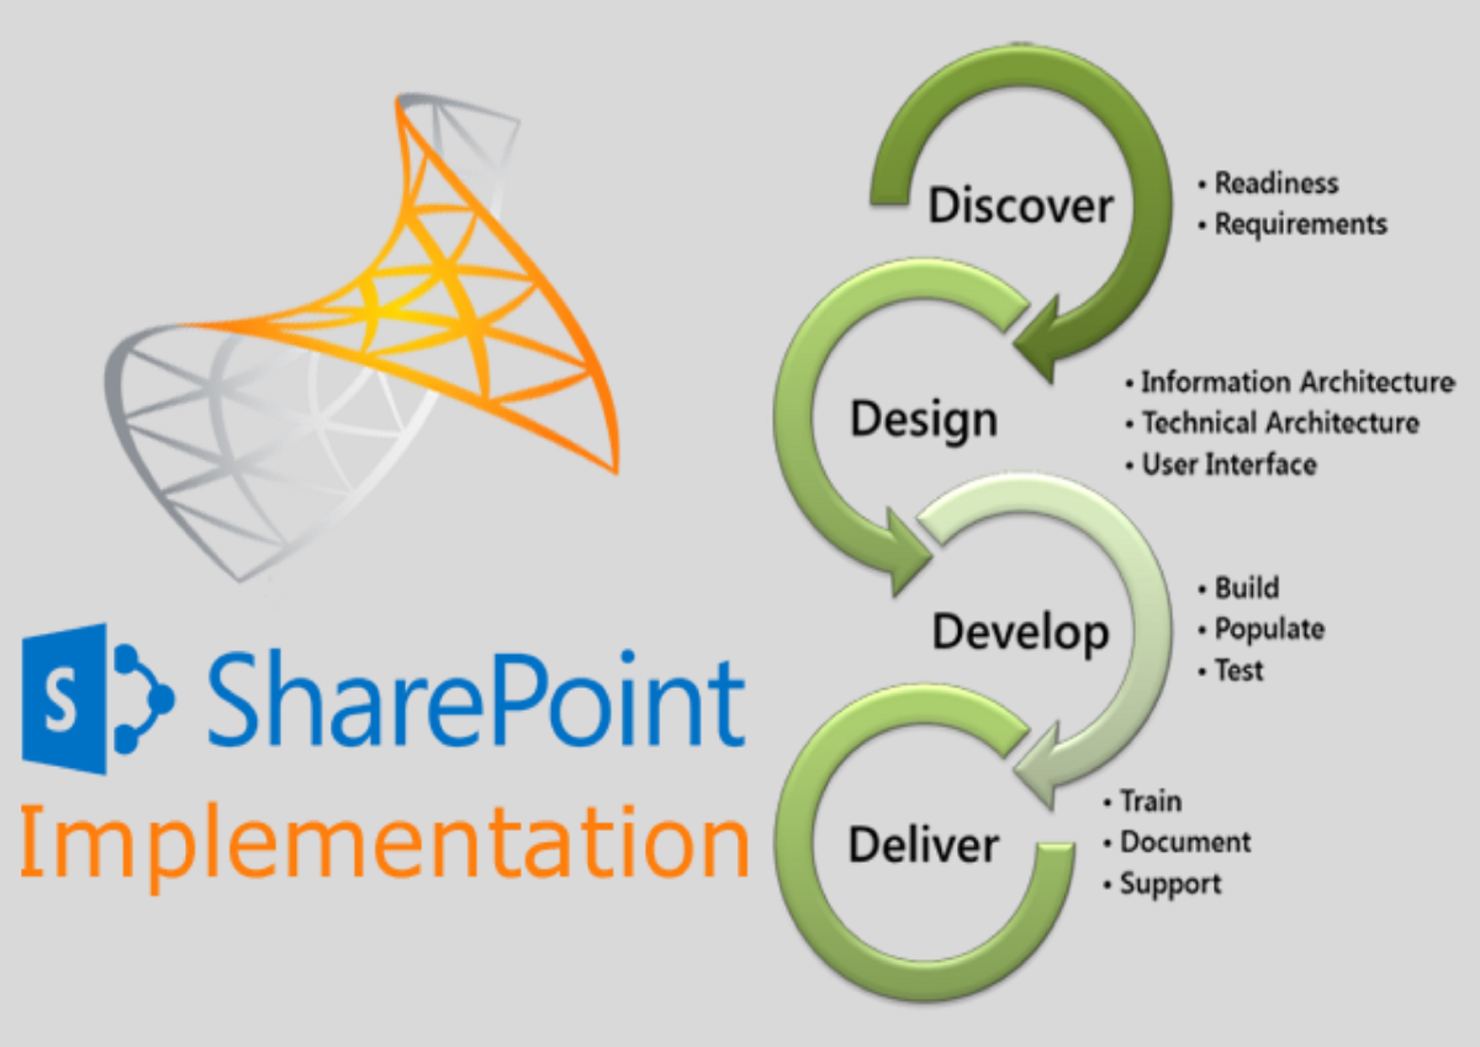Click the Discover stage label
point(1021,205)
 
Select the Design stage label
point(924,420)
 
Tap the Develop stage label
point(1021,633)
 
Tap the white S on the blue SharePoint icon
point(61,700)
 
